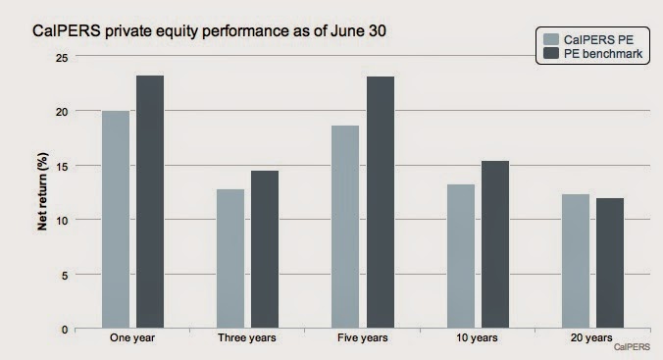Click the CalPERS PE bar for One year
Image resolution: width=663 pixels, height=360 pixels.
pyautogui.click(x=116, y=220)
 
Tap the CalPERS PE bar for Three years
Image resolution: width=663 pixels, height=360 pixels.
pyautogui.click(x=230, y=259)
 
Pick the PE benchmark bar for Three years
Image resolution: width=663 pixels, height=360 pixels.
pyautogui.click(x=265, y=250)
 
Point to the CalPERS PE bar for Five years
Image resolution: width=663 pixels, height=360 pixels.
pyautogui.click(x=345, y=228)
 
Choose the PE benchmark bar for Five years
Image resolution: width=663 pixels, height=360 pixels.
pyautogui.click(x=380, y=203)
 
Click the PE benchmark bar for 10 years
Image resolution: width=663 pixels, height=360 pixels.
pyautogui.click(x=494, y=245)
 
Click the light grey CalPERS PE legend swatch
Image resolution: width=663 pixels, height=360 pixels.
pyautogui.click(x=552, y=40)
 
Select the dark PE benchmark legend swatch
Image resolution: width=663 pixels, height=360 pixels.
pyautogui.click(x=552, y=54)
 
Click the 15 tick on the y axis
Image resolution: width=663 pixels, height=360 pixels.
pyautogui.click(x=65, y=166)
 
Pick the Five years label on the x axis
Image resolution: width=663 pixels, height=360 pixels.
pyautogui.click(x=362, y=339)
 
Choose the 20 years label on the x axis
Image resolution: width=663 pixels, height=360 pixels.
pyautogui.click(x=592, y=339)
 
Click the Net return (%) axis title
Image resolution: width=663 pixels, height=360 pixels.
pyautogui.click(x=43, y=192)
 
